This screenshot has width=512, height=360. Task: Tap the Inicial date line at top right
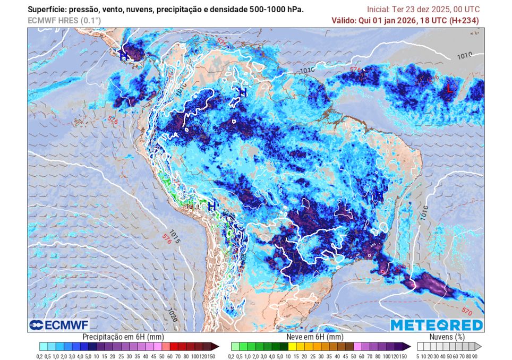click(423, 10)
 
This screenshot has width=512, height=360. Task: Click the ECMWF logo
click(59, 324)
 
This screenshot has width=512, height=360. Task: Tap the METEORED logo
click(437, 324)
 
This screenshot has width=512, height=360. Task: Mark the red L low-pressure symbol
click(449, 89)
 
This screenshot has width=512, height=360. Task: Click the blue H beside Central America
click(123, 55)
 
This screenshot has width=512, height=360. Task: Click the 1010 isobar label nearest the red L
click(464, 55)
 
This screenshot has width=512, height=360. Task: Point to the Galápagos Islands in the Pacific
click(78, 123)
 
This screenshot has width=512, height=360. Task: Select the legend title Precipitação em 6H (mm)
click(123, 337)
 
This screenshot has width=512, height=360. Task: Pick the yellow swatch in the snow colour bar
click(301, 346)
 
